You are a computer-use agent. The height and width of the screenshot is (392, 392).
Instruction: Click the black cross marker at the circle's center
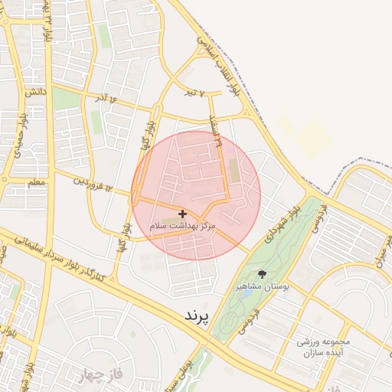(182, 214)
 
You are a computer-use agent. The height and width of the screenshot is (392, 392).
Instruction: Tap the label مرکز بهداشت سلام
(183, 227)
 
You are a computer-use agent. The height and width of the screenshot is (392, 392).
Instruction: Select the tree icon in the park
(263, 274)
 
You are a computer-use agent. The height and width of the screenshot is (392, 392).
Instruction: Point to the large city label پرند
(197, 315)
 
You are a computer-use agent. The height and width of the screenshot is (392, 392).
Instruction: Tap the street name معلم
(36, 183)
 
